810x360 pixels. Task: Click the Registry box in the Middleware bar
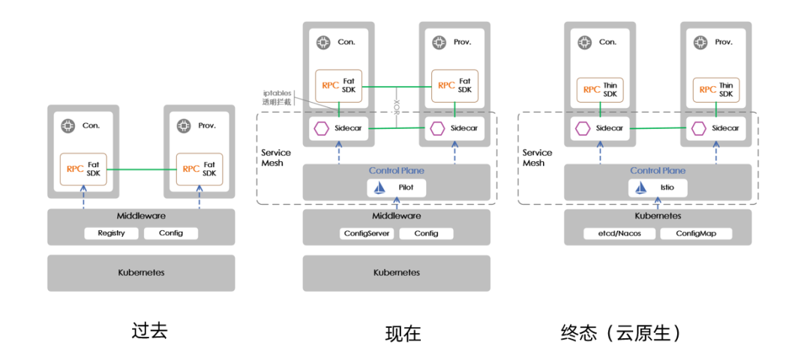click(111, 233)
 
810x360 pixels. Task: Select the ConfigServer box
click(365, 233)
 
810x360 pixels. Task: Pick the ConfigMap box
click(696, 233)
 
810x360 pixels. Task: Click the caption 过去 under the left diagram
click(149, 331)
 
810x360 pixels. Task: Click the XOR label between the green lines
click(397, 100)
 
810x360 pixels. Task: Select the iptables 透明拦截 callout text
click(277, 96)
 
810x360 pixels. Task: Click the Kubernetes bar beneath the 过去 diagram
click(141, 272)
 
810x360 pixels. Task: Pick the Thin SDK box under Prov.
click(715, 89)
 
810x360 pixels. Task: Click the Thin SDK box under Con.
click(600, 89)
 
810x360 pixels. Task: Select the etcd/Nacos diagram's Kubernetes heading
click(658, 215)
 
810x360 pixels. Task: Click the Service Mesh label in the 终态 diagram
click(537, 157)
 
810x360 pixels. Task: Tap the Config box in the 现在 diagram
click(426, 233)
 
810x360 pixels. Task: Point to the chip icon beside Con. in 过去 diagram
click(67, 125)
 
